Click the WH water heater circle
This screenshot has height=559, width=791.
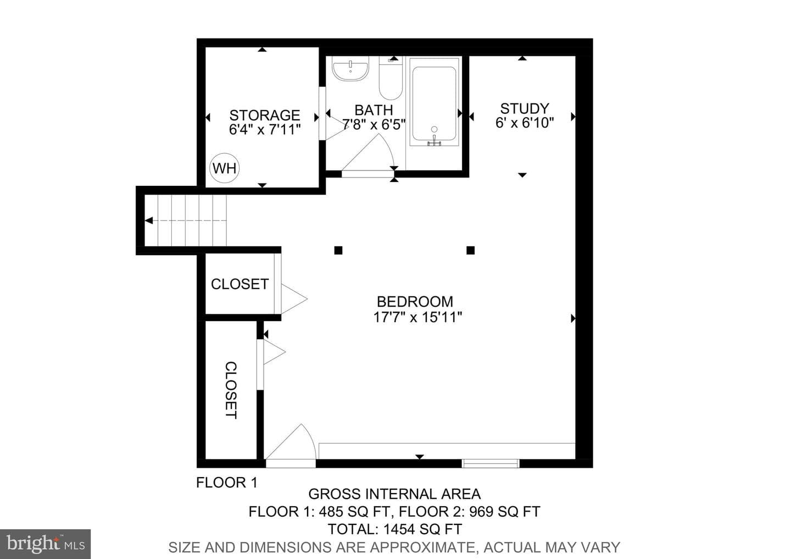point(224,168)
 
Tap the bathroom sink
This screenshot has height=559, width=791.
point(350,68)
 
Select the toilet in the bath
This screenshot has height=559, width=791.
point(391,78)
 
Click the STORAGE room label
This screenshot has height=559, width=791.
point(265,115)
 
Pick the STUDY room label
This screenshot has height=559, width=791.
point(525,108)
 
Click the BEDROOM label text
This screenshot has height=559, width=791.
point(415,301)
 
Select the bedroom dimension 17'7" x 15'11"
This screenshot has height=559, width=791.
point(417,317)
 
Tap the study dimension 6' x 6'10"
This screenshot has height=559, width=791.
point(525,123)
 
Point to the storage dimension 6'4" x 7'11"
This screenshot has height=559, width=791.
point(265,130)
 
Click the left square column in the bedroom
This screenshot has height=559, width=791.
point(338,250)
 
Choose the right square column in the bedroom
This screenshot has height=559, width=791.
point(470,250)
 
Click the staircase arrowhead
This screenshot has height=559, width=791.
point(149,220)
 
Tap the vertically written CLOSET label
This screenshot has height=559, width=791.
point(231,390)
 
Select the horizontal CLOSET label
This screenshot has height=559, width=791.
point(239,284)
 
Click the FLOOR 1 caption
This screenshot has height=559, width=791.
point(227,483)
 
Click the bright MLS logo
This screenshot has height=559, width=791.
point(45,544)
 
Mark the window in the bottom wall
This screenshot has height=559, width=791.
point(491,463)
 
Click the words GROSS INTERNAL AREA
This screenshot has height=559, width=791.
point(394,494)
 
